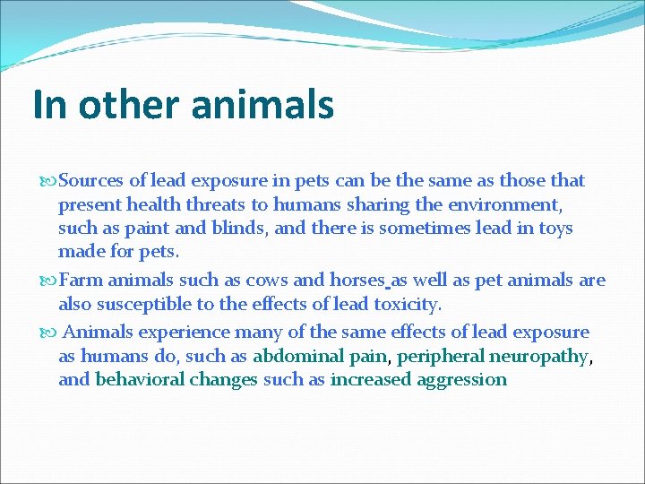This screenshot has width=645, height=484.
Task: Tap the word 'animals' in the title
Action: [262, 104]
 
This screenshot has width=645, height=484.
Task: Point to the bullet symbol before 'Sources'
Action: [48, 180]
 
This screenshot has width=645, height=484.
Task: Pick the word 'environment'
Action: [509, 204]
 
